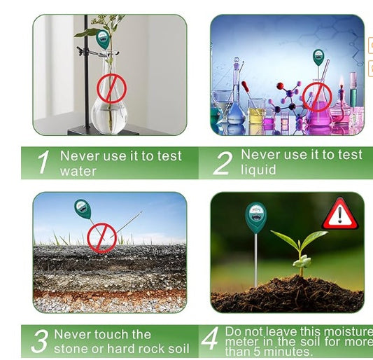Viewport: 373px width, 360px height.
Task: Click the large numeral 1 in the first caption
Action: coord(43,163)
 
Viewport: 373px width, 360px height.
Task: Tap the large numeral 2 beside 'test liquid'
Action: coord(222,163)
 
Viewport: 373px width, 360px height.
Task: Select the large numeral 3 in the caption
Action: coord(40,341)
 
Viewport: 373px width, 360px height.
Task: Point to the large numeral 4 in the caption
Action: coord(210,340)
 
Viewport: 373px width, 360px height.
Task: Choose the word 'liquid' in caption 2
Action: coord(259,170)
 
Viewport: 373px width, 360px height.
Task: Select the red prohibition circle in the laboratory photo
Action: coord(316,96)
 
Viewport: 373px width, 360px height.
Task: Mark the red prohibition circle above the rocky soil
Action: coord(101,237)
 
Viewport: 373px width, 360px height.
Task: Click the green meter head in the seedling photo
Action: coord(255,217)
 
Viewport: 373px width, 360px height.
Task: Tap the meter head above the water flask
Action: coord(103,39)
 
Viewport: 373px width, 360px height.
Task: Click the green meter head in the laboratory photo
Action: coord(318,57)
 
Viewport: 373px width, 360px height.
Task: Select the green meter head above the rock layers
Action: coord(83,209)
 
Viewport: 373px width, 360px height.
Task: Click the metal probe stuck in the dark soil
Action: coord(256,259)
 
